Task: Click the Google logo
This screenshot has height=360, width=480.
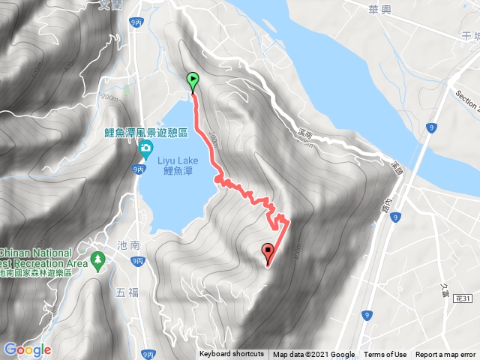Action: point(27,349)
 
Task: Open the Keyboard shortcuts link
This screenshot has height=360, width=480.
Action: point(231,355)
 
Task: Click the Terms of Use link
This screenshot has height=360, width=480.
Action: point(385,355)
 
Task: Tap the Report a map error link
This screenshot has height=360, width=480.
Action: point(445,355)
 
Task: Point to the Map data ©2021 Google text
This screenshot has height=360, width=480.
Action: point(313,355)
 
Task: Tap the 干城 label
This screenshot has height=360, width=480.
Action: point(471,36)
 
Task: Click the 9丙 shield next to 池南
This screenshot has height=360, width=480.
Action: point(136,261)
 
